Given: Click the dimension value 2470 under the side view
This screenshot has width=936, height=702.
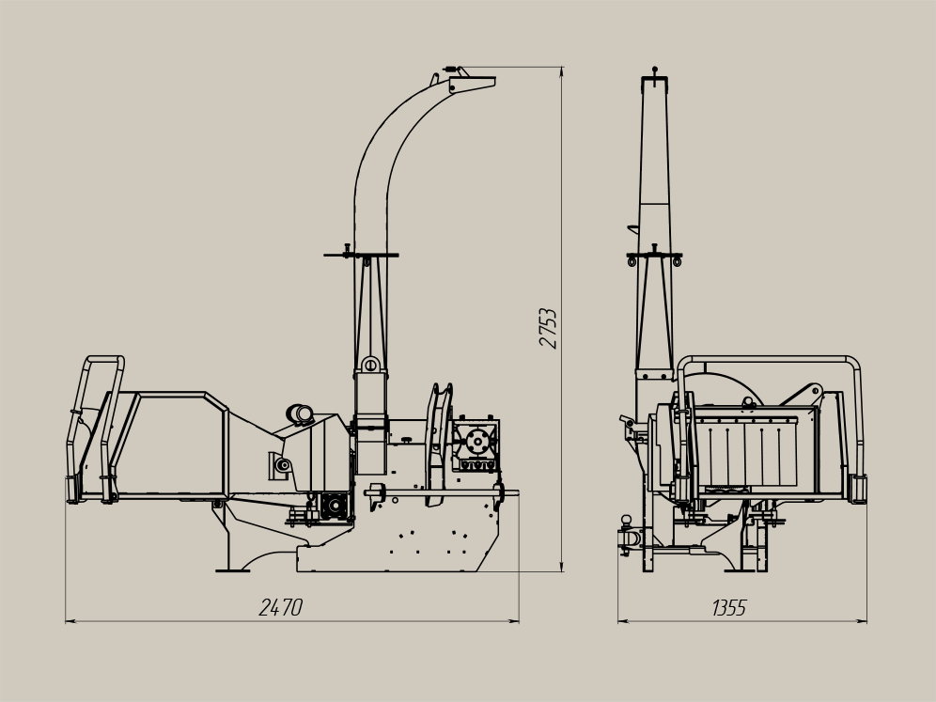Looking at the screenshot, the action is coord(281,608).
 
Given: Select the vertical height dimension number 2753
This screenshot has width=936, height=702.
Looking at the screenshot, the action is coord(548,328).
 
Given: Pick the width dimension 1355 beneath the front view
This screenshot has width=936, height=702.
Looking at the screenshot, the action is coord(729,608).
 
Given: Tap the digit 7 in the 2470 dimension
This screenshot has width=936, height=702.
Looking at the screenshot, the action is coord(286,608).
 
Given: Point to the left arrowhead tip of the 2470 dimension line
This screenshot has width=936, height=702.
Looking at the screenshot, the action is coord(65,621).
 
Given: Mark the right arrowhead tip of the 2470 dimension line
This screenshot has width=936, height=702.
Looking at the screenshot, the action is coord(519,621).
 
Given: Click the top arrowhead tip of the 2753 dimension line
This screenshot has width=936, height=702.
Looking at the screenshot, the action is coord(562,68).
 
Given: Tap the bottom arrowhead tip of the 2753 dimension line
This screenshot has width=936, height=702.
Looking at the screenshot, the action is coord(562,571).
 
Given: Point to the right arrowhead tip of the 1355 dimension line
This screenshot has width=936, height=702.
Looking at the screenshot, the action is coord(866,621).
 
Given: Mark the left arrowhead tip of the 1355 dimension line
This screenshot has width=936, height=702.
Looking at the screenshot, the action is coord(617,621).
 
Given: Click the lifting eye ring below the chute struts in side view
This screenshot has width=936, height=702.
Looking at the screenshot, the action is coord(370,364).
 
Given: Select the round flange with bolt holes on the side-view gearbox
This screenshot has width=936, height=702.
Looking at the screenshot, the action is coord(477,442).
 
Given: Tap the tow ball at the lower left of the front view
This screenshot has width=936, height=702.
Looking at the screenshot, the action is coord(626,520).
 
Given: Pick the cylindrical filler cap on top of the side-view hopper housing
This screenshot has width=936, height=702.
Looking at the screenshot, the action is coord(301,413).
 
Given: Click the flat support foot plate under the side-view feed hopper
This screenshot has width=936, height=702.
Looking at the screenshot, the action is coord(233,570).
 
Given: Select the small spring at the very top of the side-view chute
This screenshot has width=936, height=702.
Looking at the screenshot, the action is coord(451,68).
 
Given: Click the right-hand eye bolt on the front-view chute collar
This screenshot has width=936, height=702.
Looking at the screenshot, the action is coord(677,260).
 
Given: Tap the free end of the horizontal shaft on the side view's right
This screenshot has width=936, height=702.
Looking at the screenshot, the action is coord(518,493).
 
